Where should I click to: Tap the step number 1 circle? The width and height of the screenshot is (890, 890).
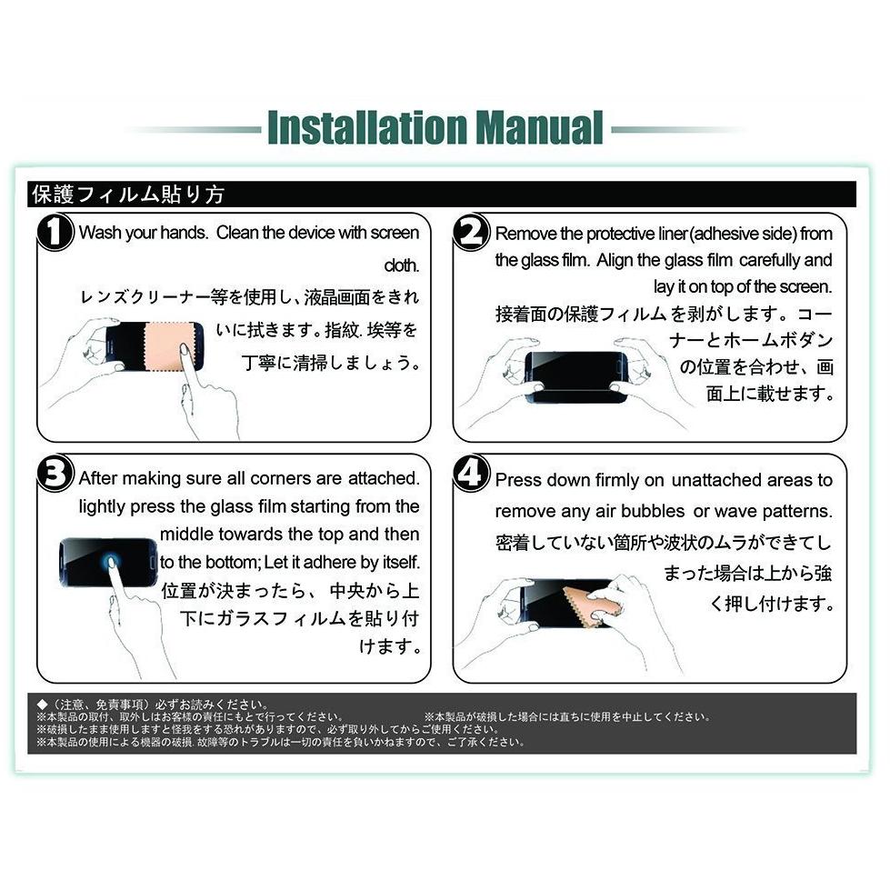point(55,232)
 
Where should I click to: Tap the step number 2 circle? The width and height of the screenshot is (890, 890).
point(471,232)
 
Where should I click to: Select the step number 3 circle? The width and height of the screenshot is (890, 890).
point(55,473)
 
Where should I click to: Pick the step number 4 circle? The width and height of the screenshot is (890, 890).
point(471,473)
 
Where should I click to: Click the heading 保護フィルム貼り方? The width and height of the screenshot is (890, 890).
point(128,195)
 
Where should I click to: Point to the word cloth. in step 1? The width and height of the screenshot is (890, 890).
point(402,265)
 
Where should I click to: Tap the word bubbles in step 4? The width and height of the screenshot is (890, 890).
point(653,511)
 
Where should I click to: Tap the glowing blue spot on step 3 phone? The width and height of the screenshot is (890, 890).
point(110,563)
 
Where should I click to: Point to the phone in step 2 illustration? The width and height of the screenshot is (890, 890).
point(576,377)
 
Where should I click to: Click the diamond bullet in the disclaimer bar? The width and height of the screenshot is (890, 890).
point(41,705)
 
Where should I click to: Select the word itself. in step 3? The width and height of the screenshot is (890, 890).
point(401,562)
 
